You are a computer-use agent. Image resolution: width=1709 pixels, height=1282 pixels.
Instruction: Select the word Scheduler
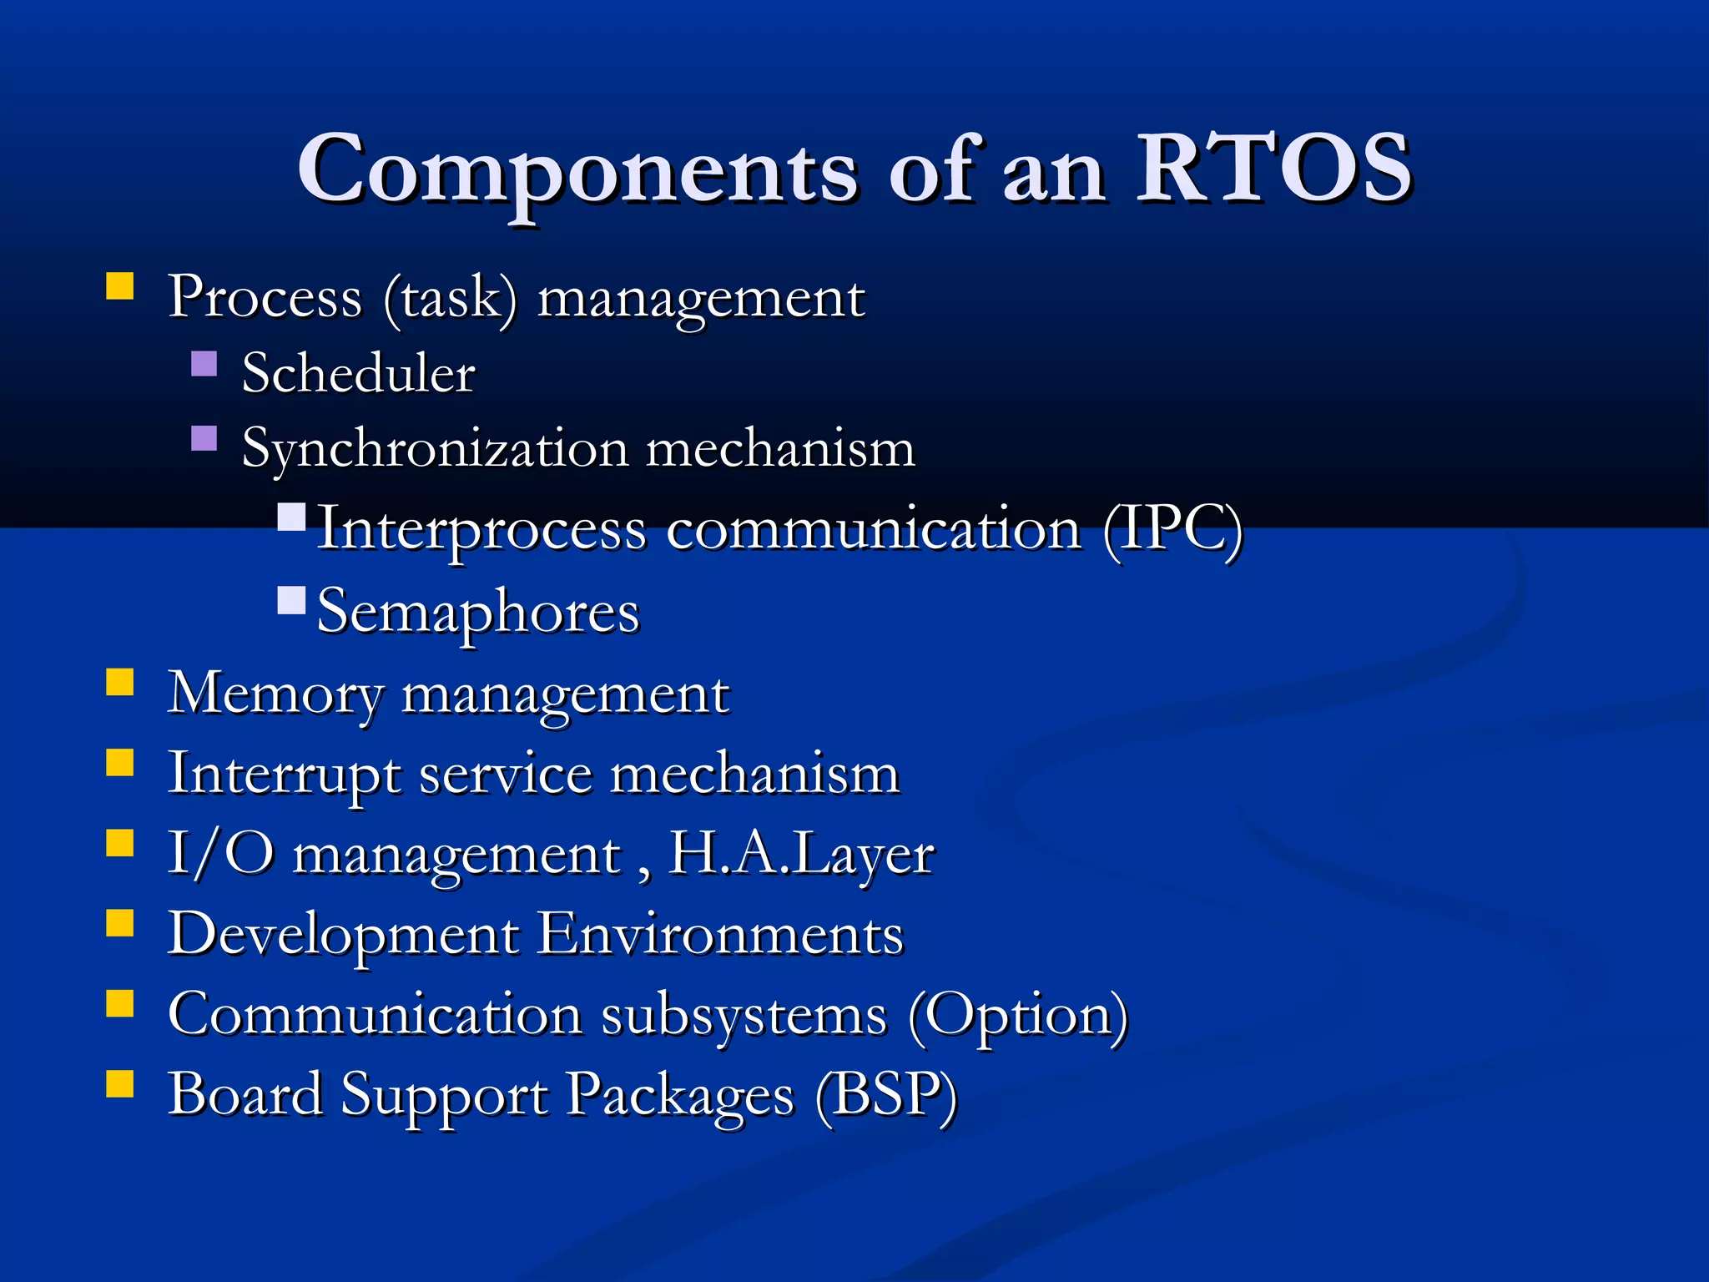358,372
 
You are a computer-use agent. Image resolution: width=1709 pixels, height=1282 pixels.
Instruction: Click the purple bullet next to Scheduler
204,364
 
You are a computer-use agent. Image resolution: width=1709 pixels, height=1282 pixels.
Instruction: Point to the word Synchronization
434,449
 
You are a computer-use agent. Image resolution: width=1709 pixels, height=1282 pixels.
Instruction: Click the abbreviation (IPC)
1172,529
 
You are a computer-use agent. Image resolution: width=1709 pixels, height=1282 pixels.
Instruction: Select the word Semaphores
478,611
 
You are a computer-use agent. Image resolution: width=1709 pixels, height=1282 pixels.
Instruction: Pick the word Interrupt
284,773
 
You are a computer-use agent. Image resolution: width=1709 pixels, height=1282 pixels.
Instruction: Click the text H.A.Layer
801,853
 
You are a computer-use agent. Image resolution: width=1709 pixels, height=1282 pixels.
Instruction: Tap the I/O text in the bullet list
220,853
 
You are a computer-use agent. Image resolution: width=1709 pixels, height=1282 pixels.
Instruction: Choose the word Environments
719,933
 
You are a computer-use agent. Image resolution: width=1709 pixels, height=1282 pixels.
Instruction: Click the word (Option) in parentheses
1018,1015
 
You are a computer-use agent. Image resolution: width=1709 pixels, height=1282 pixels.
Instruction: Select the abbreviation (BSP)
885,1094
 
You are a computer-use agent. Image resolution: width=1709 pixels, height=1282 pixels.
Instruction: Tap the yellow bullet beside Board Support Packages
120,1083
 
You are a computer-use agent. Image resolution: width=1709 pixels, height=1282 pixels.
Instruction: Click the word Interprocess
481,529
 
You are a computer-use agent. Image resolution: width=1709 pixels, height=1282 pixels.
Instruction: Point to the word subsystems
744,1015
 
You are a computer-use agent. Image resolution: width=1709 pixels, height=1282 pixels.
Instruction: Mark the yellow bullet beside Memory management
120,682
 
